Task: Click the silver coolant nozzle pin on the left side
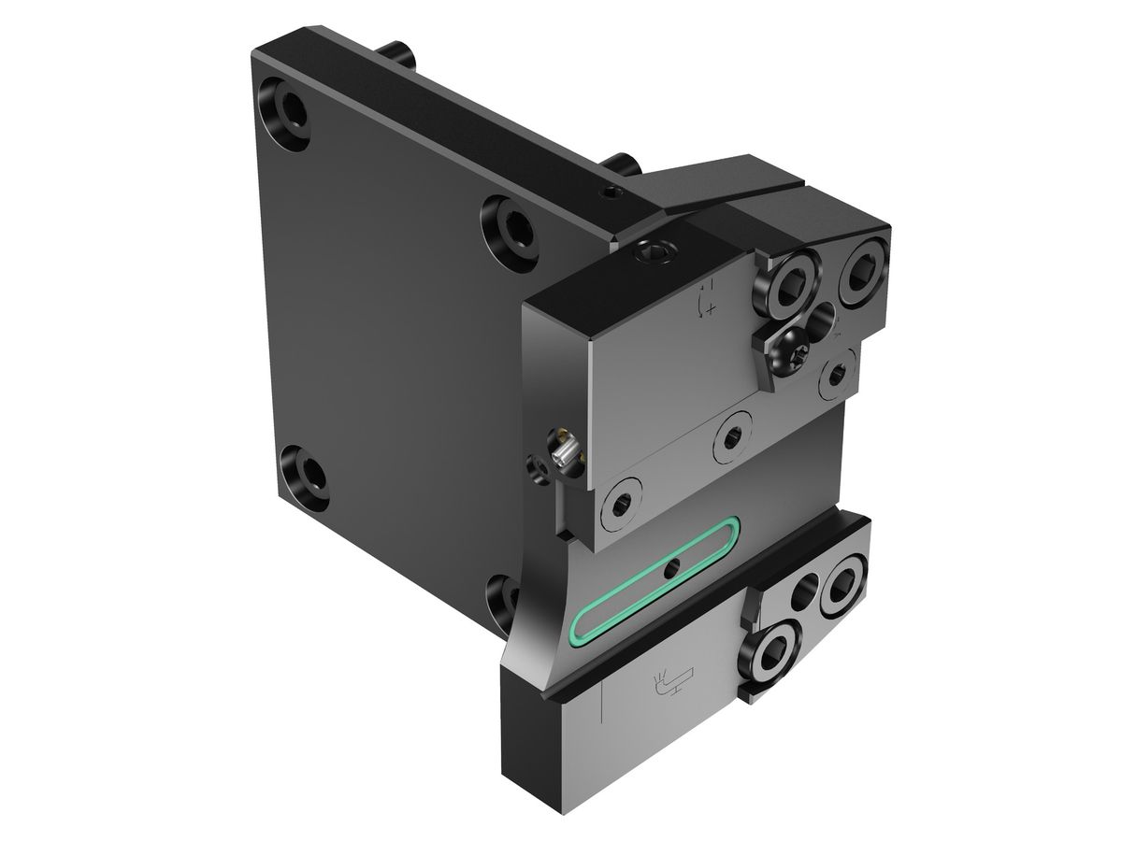564,454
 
